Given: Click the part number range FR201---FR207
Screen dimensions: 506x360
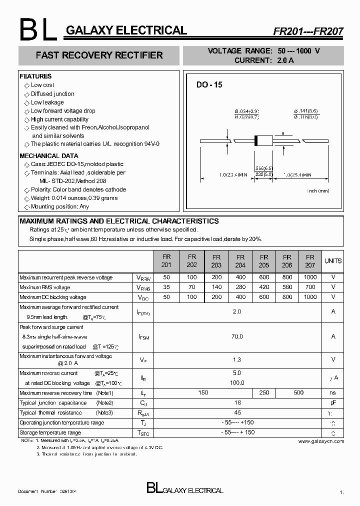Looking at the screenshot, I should (x=308, y=31).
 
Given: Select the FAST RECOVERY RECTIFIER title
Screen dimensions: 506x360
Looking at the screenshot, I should (x=99, y=55).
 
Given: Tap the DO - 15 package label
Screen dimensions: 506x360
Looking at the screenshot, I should (x=209, y=85).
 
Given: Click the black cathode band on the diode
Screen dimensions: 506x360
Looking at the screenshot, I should (x=257, y=141).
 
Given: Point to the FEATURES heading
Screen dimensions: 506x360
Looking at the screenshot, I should (x=35, y=76).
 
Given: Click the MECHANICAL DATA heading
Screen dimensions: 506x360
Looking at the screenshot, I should (x=48, y=156).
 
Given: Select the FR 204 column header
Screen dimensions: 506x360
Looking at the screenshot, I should (x=240, y=260).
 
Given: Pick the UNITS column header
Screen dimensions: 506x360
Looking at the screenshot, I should (x=333, y=260).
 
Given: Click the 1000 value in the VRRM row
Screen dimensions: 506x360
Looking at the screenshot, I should (x=310, y=277).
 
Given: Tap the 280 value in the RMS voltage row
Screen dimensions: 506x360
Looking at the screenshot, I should (x=240, y=287).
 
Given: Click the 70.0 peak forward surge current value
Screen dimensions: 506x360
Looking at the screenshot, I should (x=237, y=336).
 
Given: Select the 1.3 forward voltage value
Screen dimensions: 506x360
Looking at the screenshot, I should (x=237, y=359).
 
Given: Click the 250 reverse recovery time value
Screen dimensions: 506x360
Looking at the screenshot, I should (x=264, y=392).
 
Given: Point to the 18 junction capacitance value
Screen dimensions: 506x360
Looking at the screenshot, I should (x=237, y=402).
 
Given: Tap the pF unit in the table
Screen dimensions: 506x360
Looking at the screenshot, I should (x=333, y=402).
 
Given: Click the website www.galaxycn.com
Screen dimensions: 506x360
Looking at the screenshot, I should (x=321, y=441).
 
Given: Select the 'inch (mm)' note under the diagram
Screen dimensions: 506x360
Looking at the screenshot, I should (x=318, y=190).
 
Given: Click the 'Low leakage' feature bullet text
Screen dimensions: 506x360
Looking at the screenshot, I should (x=47, y=102).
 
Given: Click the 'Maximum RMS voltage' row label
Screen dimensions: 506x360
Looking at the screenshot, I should (x=45, y=287).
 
